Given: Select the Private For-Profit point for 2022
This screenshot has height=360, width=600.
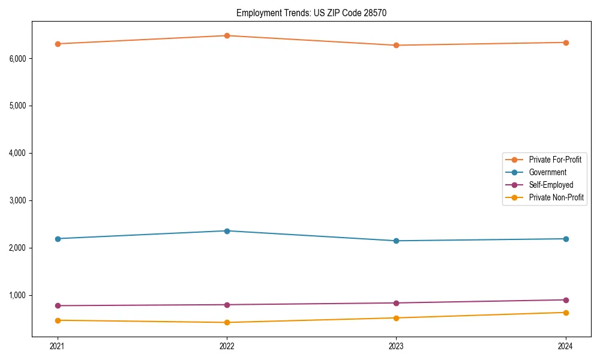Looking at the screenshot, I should [x=227, y=35].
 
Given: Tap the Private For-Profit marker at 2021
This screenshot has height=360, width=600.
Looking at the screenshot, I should [x=58, y=44].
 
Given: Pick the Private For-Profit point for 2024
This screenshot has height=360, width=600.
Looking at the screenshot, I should [x=566, y=43].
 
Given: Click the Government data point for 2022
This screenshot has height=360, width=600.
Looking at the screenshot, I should [x=227, y=231].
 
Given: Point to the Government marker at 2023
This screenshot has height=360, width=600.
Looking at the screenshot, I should [x=396, y=241].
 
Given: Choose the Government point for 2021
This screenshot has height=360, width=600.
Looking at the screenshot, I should [x=58, y=239].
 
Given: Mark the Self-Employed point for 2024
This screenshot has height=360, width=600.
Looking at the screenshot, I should [x=566, y=300].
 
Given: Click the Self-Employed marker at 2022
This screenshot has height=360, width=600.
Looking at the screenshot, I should [x=227, y=305].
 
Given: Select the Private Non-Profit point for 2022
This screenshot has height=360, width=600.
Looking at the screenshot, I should [x=227, y=322].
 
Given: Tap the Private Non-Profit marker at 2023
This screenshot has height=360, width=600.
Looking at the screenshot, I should [x=396, y=318].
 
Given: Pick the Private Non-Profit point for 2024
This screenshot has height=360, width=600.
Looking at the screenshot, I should [x=566, y=313].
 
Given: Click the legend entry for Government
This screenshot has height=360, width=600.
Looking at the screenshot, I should [x=547, y=172].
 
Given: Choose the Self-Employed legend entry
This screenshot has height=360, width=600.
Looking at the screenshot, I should [x=551, y=185].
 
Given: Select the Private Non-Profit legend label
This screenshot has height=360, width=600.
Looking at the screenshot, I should [x=556, y=197].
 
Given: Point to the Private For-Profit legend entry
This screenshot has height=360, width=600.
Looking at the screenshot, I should [x=555, y=160].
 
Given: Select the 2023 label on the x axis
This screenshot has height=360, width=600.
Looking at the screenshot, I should [x=396, y=346].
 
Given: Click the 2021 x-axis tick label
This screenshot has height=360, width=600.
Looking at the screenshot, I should [x=58, y=346].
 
